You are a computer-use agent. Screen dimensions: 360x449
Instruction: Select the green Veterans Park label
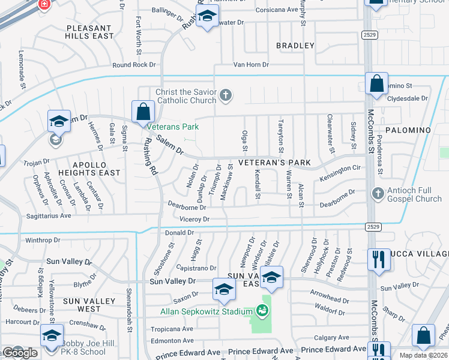pos(174,127)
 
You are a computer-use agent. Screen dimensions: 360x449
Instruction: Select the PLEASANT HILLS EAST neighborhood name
pos(90,32)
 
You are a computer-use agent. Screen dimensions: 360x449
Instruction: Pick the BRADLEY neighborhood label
pos(295,46)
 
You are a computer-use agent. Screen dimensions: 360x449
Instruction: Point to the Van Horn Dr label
pos(251,64)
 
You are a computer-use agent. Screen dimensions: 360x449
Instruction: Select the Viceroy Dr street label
pos(192,220)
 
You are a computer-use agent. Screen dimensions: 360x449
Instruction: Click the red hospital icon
pos(43,4)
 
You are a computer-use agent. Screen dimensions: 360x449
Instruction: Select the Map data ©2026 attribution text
pos(423,355)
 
